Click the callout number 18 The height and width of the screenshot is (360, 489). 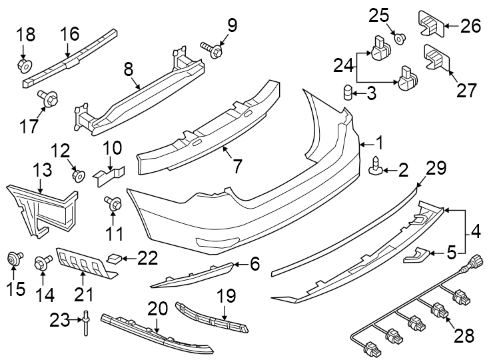point(25,35)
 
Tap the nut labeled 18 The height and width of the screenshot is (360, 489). point(24,65)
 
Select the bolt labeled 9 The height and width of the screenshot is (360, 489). point(211,50)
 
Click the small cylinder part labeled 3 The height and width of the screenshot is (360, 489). point(347,92)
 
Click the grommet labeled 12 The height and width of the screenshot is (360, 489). point(77,176)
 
